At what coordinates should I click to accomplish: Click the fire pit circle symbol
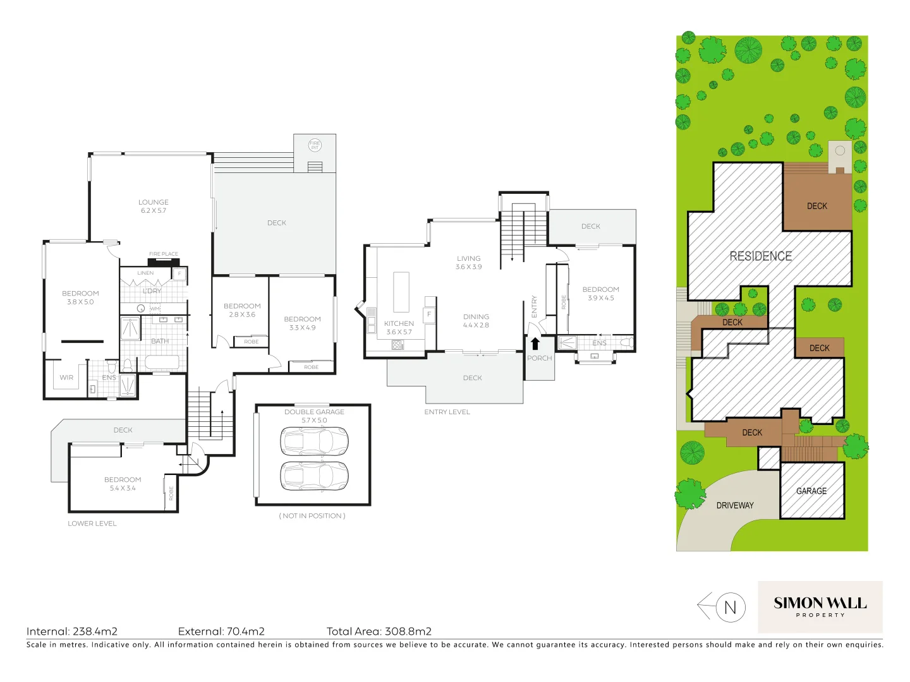tap(315, 145)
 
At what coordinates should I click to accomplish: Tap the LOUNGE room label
tap(154, 206)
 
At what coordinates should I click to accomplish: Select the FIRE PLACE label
tap(164, 254)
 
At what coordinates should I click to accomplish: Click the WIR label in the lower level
tap(66, 378)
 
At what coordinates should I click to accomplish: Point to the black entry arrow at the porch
tap(535, 344)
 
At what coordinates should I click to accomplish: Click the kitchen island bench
tap(401, 292)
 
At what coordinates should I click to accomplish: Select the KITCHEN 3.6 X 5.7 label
tap(399, 328)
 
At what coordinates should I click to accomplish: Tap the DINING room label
tap(476, 321)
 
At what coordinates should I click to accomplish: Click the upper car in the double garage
tap(314, 441)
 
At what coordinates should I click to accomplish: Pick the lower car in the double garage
tap(314, 476)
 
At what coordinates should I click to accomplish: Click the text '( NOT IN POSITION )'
tap(312, 516)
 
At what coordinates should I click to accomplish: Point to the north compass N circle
tap(730, 607)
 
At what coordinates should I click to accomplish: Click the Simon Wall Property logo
tap(820, 607)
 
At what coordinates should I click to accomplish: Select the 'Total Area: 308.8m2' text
tap(379, 631)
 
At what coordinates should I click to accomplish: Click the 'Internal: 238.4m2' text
tap(72, 631)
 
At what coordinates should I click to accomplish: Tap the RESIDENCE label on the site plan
tap(760, 256)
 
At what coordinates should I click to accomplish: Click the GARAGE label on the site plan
tap(811, 491)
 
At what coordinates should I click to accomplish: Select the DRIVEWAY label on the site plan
tap(735, 505)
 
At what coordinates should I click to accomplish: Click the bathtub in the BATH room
tap(162, 362)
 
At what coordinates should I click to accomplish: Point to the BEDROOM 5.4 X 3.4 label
tap(123, 484)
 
